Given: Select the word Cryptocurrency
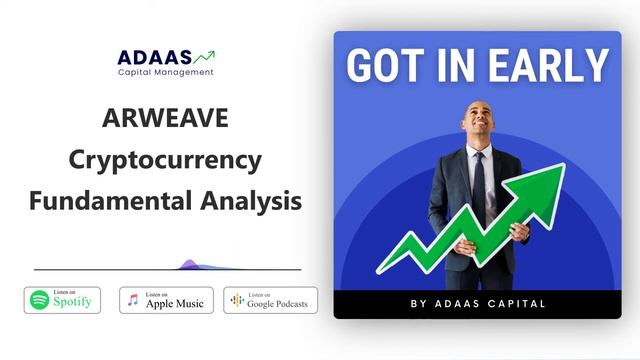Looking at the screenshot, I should [165, 160].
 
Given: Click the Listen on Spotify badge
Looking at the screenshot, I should [62, 299].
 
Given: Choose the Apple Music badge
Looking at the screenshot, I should [166, 299].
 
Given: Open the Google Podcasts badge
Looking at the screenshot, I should [270, 299].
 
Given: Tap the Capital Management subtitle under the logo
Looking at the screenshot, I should [165, 72].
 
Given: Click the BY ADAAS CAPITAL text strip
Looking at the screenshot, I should [477, 303].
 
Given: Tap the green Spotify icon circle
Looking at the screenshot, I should [39, 299].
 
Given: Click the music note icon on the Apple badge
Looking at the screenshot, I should [133, 299].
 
